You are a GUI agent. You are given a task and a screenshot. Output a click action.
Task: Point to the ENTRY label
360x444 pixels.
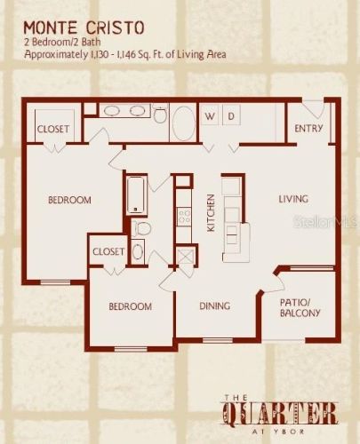pos(309,129)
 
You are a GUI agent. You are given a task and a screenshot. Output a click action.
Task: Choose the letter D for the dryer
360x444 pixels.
pos(231,116)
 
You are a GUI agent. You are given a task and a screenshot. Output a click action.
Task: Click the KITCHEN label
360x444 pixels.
pos(211,212)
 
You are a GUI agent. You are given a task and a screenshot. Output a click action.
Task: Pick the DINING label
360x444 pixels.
pos(214,306)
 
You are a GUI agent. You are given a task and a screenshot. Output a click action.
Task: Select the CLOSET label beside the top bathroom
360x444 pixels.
pos(53,129)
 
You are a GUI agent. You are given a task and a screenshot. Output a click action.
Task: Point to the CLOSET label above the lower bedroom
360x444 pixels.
pos(108,251)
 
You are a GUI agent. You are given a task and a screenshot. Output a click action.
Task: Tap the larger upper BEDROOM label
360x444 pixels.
pos(69,200)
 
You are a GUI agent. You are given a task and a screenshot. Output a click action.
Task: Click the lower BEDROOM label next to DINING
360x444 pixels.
pos(130,306)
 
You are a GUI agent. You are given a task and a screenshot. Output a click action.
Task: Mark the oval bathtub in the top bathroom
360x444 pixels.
pos(181,122)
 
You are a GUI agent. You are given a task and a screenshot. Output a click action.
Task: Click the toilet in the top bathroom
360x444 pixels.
pos(160,115)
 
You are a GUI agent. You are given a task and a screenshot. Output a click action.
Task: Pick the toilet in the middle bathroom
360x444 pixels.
pos(141,227)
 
